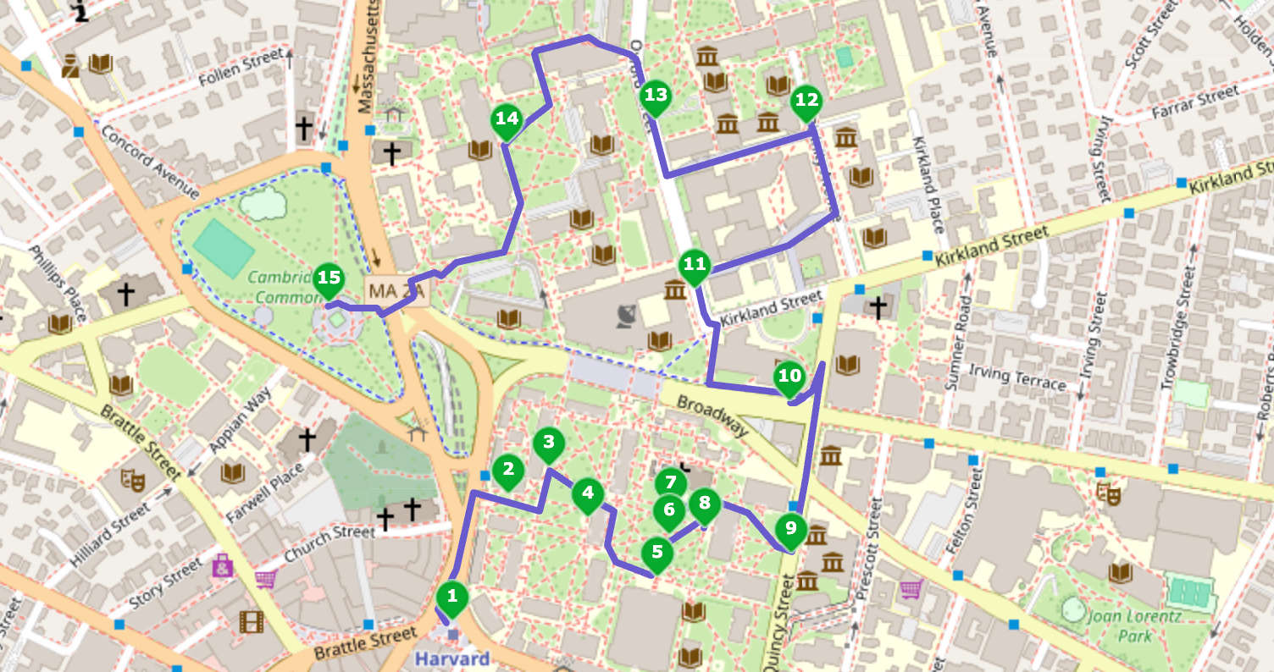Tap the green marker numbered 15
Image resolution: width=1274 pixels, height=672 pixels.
329,278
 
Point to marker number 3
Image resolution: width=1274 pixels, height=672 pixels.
549,443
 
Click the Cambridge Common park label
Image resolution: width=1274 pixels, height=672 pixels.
284,287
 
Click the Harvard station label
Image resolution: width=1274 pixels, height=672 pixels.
451,658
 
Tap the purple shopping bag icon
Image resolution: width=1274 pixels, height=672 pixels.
223,565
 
